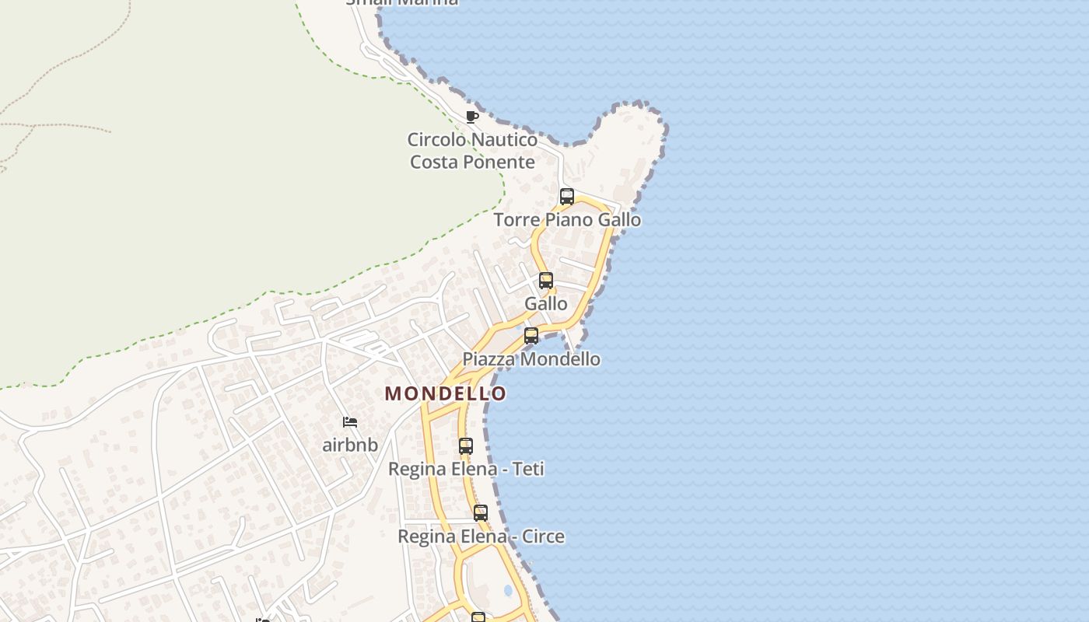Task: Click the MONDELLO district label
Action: (x=445, y=393)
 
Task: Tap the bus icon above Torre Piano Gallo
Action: (x=567, y=197)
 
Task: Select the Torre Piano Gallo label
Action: (x=567, y=220)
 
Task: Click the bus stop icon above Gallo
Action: (x=546, y=281)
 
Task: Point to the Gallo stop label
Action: (x=546, y=303)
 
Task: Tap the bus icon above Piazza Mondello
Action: (x=531, y=336)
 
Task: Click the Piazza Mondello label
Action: (x=531, y=359)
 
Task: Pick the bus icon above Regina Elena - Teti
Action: (x=466, y=446)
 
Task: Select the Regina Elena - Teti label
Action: (x=466, y=469)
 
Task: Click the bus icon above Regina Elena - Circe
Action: (x=481, y=513)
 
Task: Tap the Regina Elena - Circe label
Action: (x=481, y=536)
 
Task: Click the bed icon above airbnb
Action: (x=350, y=422)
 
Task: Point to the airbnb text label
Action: (x=350, y=446)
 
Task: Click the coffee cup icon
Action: (x=471, y=117)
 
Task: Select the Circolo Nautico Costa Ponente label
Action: (x=473, y=151)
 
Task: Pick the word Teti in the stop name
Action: (x=527, y=469)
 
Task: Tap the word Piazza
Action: (x=488, y=359)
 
